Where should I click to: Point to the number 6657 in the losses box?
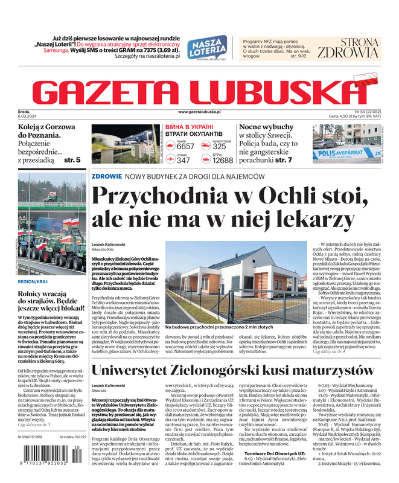(x=185, y=147)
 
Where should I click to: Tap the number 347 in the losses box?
(x=184, y=160)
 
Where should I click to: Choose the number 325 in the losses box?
(x=220, y=147)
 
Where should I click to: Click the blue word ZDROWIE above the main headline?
(x=106, y=176)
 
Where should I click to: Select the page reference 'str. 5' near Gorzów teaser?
(x=72, y=160)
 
